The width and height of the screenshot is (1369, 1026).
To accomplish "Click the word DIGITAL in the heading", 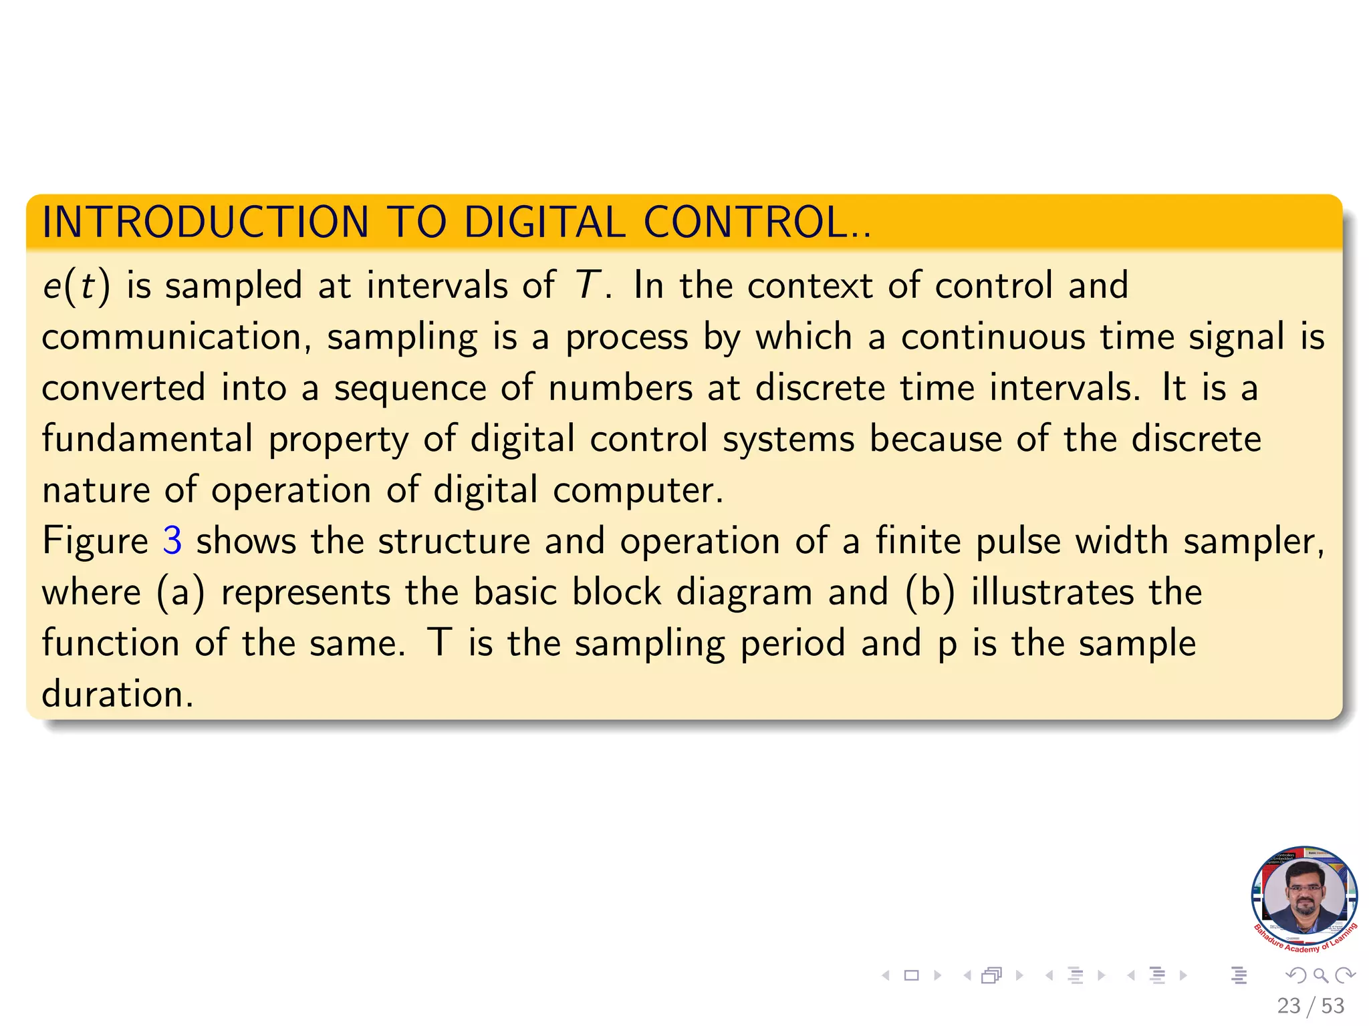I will point(545,222).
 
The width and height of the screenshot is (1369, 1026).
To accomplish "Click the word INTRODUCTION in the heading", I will point(205,222).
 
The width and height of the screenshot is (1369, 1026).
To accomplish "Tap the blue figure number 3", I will point(172,540).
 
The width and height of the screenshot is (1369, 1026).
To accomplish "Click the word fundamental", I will point(147,439).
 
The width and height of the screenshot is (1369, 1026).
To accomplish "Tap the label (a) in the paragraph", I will point(180,592).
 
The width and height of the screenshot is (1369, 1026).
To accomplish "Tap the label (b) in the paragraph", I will point(930,592).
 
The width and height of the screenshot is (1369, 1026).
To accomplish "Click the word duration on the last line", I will point(117,694).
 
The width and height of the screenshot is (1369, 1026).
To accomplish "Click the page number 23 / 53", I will point(1310,1006).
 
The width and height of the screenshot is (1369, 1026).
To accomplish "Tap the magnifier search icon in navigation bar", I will point(1320,976).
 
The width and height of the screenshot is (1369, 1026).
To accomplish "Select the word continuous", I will point(993,337).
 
